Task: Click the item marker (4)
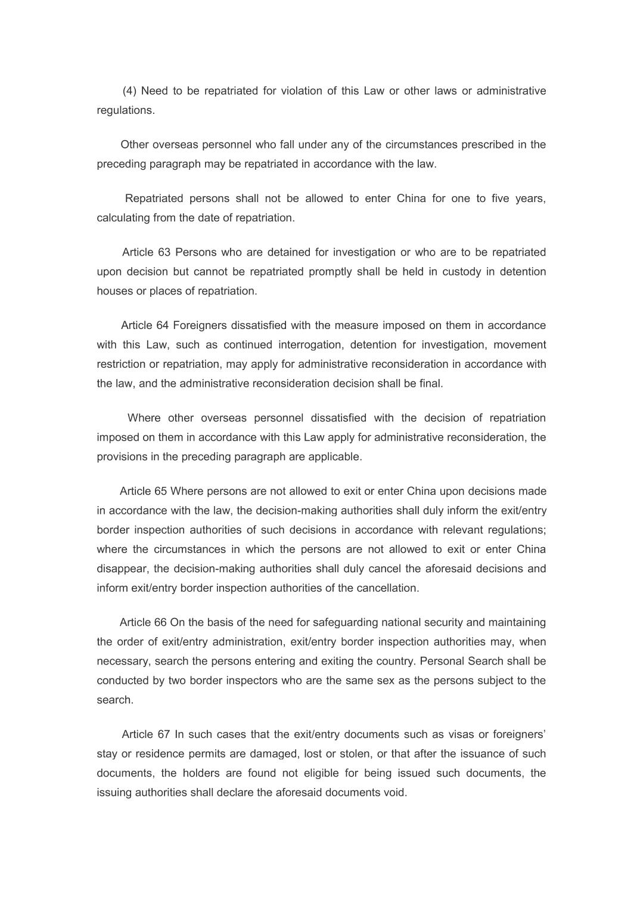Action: coord(129,91)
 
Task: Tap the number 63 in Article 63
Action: coord(164,252)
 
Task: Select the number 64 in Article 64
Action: coord(163,325)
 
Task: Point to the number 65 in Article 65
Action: coord(161,491)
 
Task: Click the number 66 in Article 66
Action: coord(160,622)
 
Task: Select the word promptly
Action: coord(330,272)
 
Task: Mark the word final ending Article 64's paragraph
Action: coord(431,384)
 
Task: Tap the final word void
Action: coord(396,793)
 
